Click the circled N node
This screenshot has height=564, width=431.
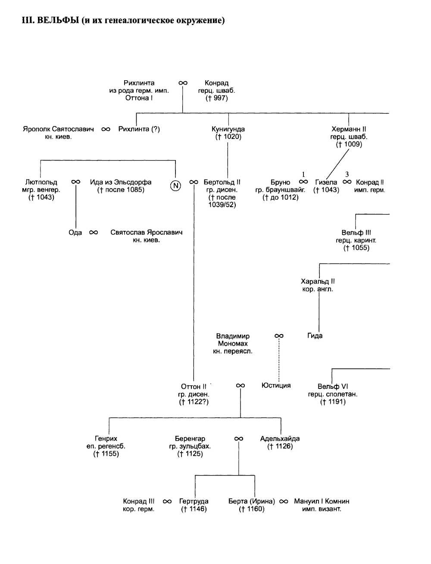[x=175, y=186]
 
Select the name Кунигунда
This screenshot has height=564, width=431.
[x=228, y=129]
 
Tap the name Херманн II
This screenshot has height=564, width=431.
[x=349, y=129]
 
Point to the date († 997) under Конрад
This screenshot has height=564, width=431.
[x=216, y=98]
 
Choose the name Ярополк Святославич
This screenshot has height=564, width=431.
[x=58, y=129]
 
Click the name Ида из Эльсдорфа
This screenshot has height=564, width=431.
[x=121, y=182]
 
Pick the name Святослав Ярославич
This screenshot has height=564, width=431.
[x=146, y=232]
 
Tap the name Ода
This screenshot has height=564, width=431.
[x=75, y=233]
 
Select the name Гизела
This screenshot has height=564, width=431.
[x=326, y=182]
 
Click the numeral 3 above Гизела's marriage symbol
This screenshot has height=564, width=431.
[x=347, y=174]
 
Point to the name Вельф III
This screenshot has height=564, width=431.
[x=356, y=233]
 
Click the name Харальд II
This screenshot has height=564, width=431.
[x=318, y=281]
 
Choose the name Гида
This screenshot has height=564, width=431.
[x=315, y=336]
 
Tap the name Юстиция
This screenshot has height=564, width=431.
[x=276, y=385]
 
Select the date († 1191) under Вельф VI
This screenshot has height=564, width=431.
[x=332, y=402]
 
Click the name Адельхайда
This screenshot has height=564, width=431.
[x=280, y=438]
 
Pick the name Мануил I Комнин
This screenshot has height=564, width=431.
[x=322, y=501]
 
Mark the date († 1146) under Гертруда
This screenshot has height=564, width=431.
[x=194, y=509]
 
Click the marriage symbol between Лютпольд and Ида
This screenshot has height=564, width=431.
[x=75, y=182]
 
